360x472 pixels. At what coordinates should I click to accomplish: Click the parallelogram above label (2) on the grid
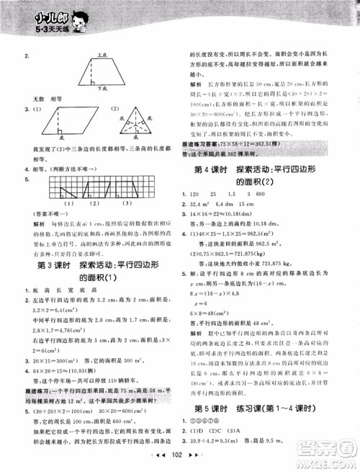(x=82, y=194)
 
